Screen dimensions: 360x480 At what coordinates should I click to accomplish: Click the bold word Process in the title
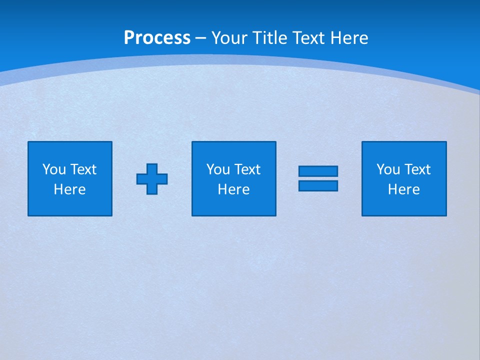click(157, 38)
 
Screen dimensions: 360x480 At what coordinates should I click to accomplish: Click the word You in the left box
click(53, 169)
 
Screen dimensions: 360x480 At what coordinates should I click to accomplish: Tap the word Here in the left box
click(70, 189)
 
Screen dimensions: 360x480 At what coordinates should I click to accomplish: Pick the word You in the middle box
click(217, 169)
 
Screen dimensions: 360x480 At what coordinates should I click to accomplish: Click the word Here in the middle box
click(234, 189)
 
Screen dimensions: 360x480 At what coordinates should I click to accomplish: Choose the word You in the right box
click(387, 169)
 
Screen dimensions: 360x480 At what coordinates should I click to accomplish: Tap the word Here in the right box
click(404, 189)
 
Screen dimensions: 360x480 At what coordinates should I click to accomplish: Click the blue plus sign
click(152, 179)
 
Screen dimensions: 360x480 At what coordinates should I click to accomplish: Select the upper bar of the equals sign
click(318, 171)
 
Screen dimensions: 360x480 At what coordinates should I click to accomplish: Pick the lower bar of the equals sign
click(318, 186)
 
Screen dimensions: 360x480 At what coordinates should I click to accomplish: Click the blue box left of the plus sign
click(70, 205)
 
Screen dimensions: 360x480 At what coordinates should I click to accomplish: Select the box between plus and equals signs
click(234, 205)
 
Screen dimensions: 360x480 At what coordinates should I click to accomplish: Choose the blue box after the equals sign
click(404, 205)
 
